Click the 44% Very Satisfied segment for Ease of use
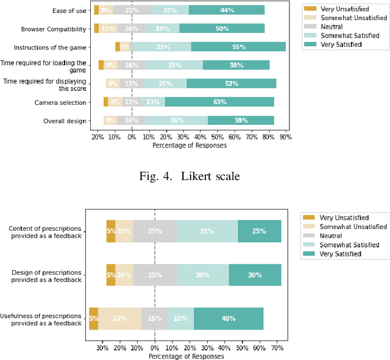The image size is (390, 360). [x=227, y=10]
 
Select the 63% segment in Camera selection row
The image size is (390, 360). [x=219, y=102]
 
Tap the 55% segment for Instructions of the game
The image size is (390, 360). [x=238, y=47]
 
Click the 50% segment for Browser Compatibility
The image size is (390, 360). [x=222, y=29]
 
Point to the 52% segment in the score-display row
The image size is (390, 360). [x=231, y=83]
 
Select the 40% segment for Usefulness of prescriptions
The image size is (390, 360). [x=229, y=319]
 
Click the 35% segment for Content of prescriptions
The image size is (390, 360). [x=207, y=231]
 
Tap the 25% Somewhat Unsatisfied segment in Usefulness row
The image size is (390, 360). [x=119, y=319]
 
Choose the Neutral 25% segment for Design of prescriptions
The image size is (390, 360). [x=155, y=275]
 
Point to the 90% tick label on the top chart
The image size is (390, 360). [x=285, y=137]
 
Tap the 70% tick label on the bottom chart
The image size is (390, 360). [x=277, y=348]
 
